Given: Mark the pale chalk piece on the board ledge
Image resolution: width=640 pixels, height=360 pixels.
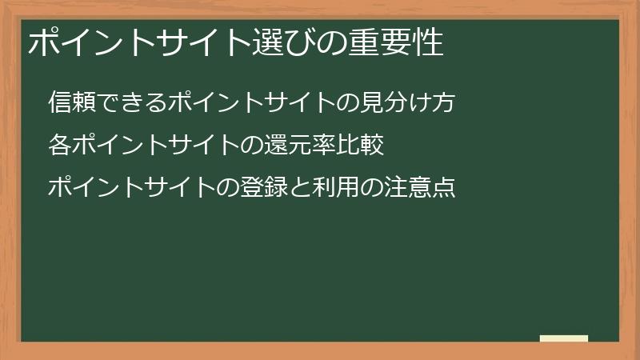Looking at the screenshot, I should tap(564, 338).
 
